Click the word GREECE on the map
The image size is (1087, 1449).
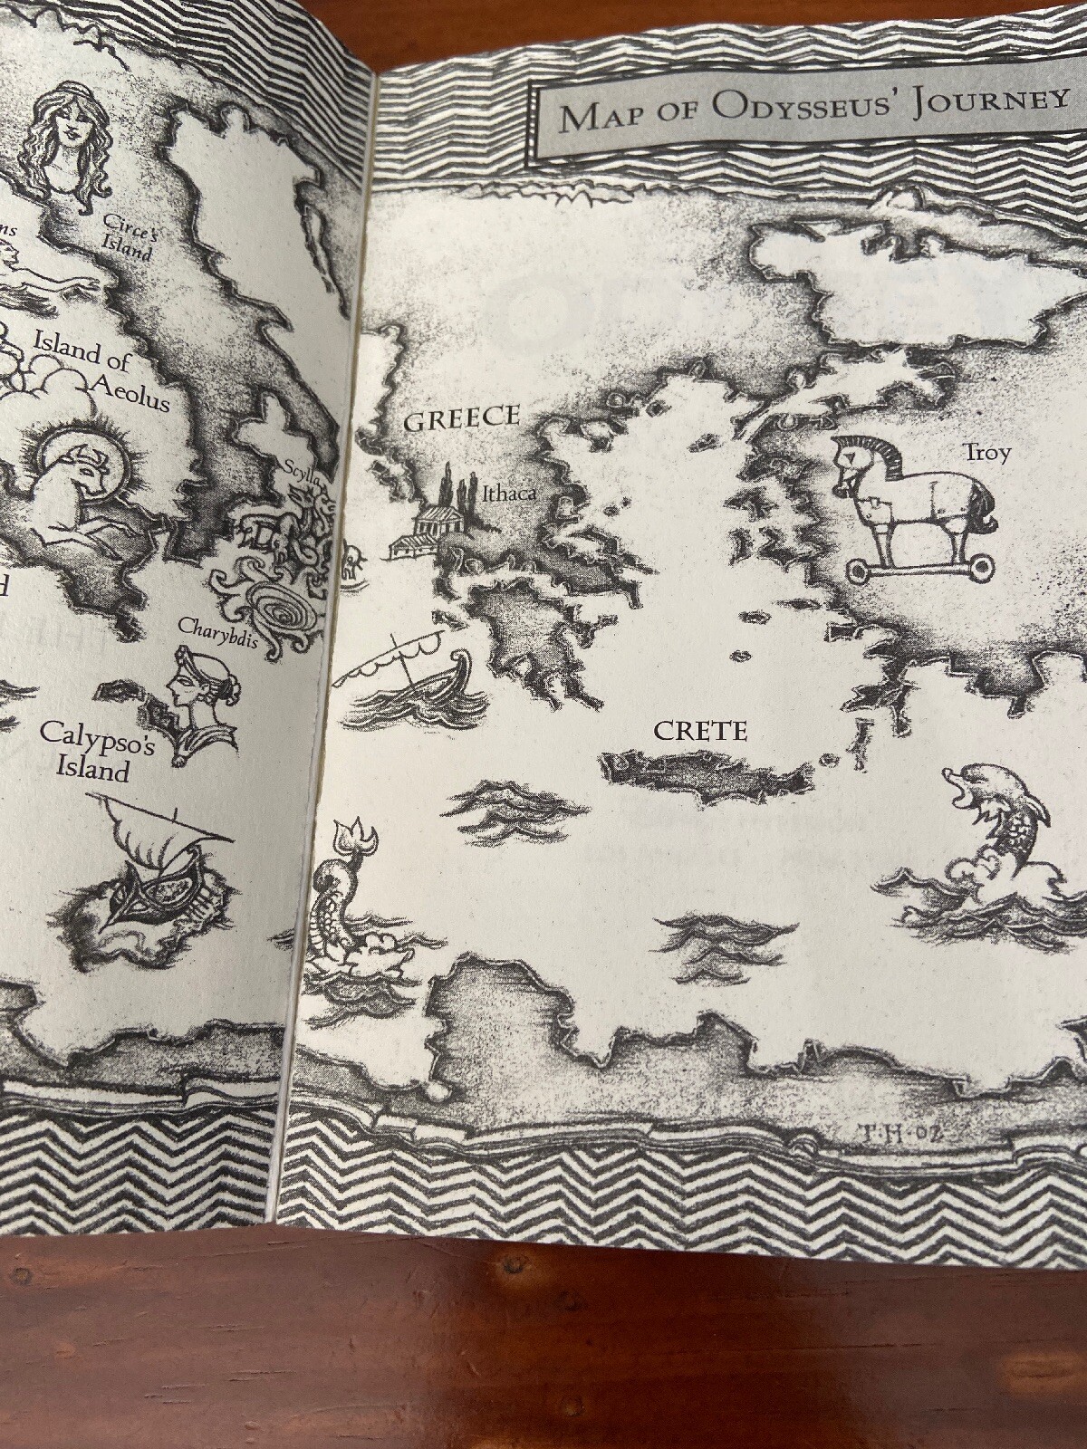[461, 419]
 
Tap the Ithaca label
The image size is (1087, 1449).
[508, 494]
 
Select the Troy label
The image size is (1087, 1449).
[986, 453]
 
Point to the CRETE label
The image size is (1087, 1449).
[700, 731]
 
